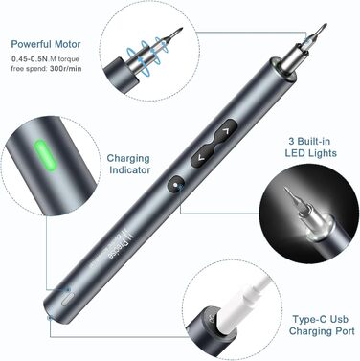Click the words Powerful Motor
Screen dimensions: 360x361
coord(46,44)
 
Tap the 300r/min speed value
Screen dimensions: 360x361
coord(66,68)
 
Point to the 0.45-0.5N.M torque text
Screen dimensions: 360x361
coord(46,59)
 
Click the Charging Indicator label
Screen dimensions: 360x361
coord(128,164)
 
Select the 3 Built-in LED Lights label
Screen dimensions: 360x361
coord(310,147)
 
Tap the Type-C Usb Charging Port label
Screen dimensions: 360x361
coord(322,325)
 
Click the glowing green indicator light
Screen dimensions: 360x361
coord(46,155)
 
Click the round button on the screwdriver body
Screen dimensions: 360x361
coord(175,184)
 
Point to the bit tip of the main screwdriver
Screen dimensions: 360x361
coord(325,26)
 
